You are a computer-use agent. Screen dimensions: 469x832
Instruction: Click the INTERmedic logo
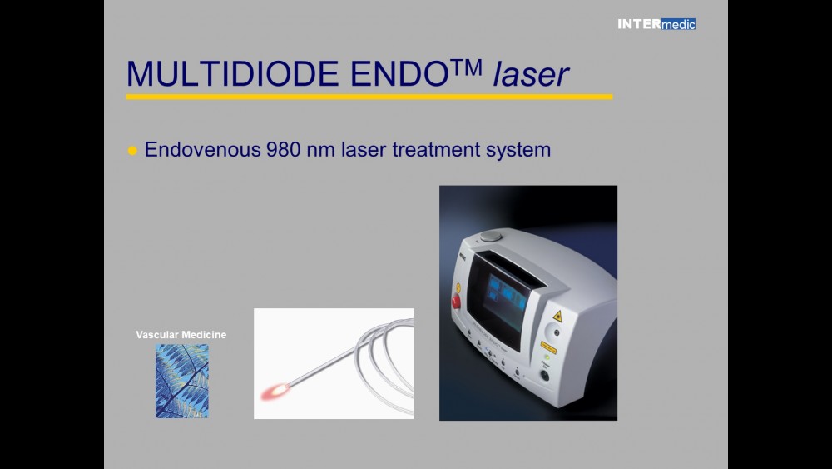click(656, 24)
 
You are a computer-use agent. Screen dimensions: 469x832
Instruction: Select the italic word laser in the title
click(530, 74)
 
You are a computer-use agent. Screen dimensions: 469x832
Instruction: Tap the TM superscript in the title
click(468, 66)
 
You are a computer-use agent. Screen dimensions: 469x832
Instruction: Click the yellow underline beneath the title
click(369, 97)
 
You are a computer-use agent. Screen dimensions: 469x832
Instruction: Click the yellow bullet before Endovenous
click(131, 151)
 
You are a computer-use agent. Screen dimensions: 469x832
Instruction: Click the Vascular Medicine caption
click(181, 335)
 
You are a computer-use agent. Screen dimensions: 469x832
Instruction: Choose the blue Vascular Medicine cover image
click(181, 381)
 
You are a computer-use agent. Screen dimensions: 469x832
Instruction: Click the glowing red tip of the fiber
click(273, 389)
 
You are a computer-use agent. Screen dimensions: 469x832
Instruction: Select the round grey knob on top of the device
click(492, 236)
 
